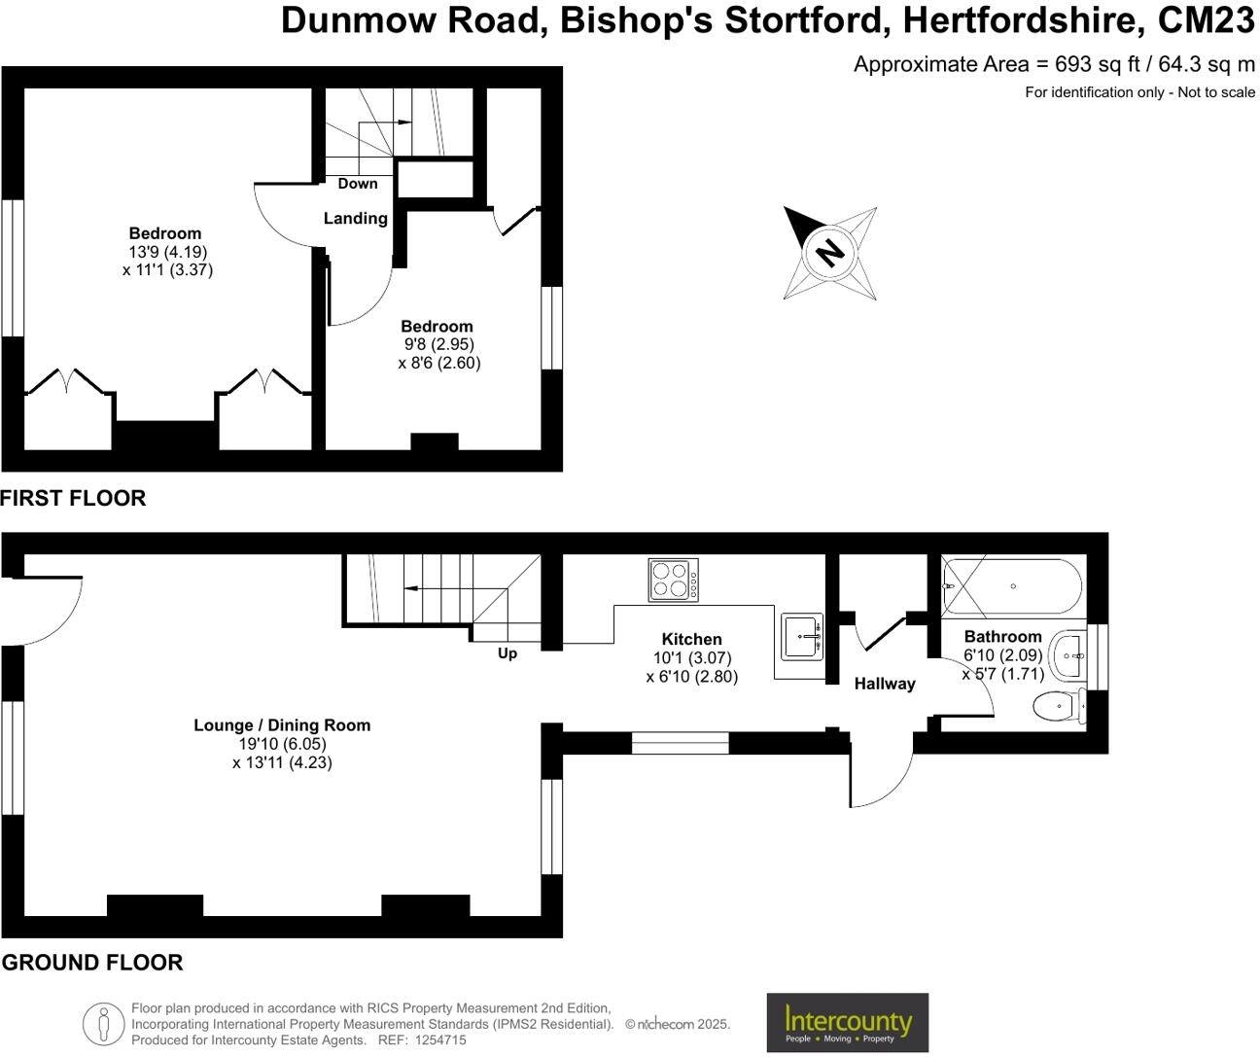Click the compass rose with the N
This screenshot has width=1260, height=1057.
[829, 253]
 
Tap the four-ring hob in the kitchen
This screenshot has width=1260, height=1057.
[673, 580]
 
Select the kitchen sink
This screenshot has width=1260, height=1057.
[802, 637]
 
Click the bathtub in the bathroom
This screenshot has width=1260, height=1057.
[1012, 586]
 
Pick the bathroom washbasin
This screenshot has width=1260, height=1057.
[1068, 656]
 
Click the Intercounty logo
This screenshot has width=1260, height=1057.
[847, 1022]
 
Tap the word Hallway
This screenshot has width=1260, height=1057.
[885, 684]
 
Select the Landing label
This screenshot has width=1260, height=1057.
[355, 219]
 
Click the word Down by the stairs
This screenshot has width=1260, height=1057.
[358, 184]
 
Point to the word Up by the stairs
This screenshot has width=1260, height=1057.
[507, 653]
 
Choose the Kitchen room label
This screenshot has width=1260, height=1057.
[691, 639]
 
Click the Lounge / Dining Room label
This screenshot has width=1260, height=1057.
[282, 725]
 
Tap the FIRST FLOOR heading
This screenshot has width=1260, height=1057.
[73, 498]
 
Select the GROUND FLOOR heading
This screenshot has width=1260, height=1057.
[92, 963]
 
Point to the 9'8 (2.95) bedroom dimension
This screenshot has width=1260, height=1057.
[438, 344]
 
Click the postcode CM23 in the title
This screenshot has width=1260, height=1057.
[1206, 20]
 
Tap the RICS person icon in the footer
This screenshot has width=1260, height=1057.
[102, 1024]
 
